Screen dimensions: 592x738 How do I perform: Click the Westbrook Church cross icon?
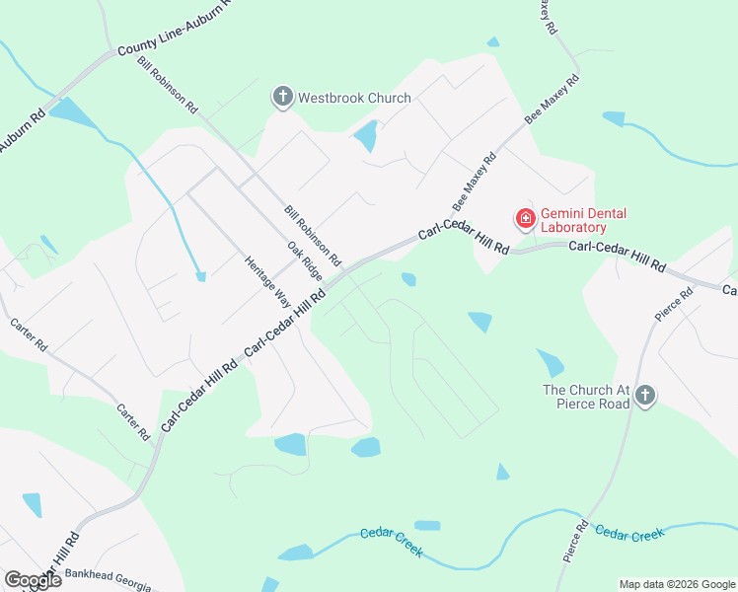click(x=283, y=98)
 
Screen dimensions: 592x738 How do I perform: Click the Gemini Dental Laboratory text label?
click(x=583, y=221)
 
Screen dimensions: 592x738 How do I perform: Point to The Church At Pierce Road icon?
click(x=645, y=396)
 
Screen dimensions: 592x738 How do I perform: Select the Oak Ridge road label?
click(x=305, y=260)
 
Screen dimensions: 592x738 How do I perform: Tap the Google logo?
click(x=32, y=580)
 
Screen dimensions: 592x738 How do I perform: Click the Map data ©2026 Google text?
click(x=677, y=584)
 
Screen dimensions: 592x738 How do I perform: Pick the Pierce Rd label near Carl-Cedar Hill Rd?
click(x=674, y=305)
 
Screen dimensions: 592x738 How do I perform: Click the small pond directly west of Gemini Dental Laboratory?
click(x=408, y=280)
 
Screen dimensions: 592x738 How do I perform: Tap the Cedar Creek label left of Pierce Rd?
click(x=391, y=543)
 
